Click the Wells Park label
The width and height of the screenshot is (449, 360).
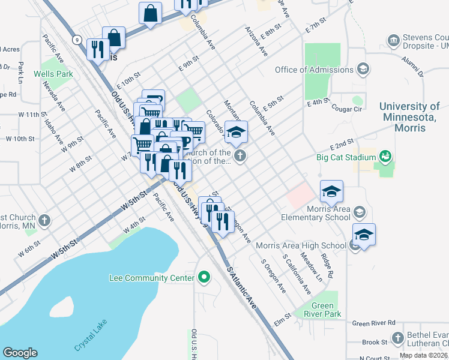pos(53,74)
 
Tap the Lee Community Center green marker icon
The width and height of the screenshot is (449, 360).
pos(204,277)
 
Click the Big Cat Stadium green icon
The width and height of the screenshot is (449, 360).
pos(385,158)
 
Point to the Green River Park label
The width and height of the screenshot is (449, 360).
pos(322,310)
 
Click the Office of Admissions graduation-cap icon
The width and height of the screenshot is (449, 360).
pos(363,70)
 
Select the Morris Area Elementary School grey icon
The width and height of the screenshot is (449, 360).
pos(359,212)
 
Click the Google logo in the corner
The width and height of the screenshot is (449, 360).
pos(20,353)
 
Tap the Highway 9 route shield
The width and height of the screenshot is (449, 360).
pos(76,40)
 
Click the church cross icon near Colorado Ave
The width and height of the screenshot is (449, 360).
pos(240,157)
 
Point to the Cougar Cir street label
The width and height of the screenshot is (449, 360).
pos(349,109)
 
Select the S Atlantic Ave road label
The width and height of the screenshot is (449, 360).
pos(242,289)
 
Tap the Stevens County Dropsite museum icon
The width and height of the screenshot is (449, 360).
pos(394,40)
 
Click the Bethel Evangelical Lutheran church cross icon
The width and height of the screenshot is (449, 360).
pos(397,338)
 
